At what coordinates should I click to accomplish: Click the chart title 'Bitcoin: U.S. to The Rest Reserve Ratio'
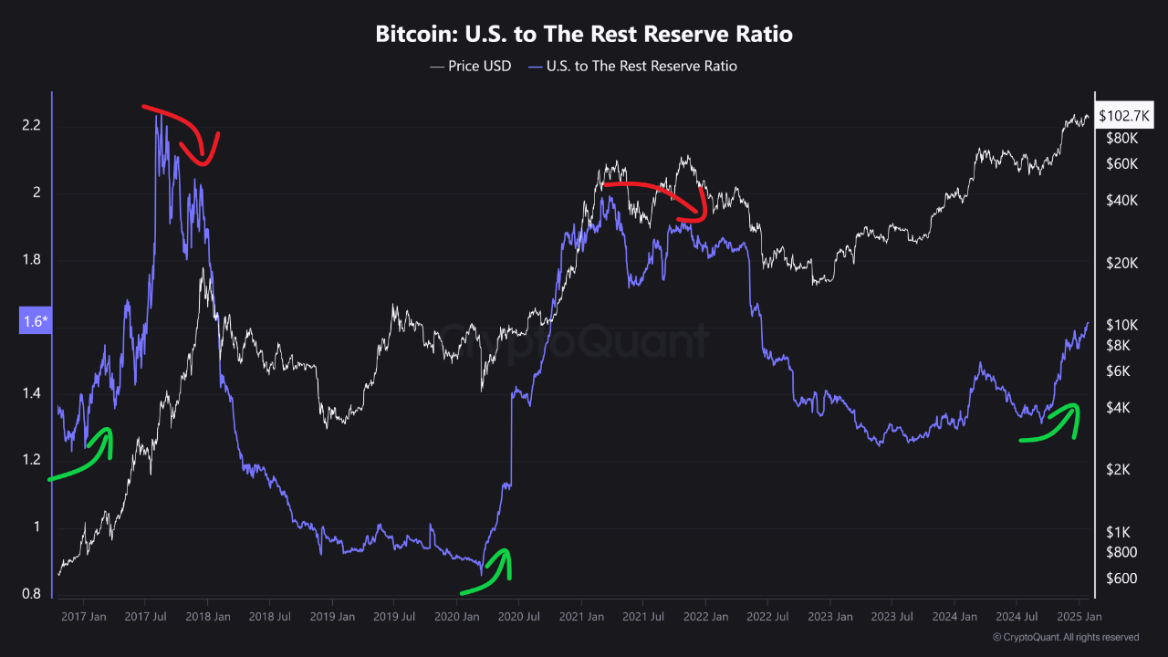pyautogui.click(x=584, y=35)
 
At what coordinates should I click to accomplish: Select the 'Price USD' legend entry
pyautogui.click(x=470, y=66)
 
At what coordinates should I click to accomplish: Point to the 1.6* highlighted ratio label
pyautogui.click(x=36, y=321)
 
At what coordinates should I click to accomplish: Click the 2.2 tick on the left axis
pyautogui.click(x=31, y=125)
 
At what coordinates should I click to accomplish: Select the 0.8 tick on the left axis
pyautogui.click(x=31, y=595)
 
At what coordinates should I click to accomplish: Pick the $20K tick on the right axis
pyautogui.click(x=1121, y=263)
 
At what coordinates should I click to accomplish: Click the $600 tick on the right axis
pyautogui.click(x=1121, y=579)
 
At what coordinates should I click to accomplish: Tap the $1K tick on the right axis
pyautogui.click(x=1119, y=532)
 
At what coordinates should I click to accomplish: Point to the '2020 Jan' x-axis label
pyautogui.click(x=457, y=616)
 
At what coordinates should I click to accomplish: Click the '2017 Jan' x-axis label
pyautogui.click(x=84, y=616)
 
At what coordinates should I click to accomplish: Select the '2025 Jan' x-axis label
pyautogui.click(x=1079, y=616)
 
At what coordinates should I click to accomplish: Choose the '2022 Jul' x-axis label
pyautogui.click(x=767, y=616)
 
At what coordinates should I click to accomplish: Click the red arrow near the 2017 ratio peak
pyautogui.click(x=187, y=132)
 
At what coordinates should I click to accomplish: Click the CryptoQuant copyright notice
pyautogui.click(x=1064, y=637)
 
